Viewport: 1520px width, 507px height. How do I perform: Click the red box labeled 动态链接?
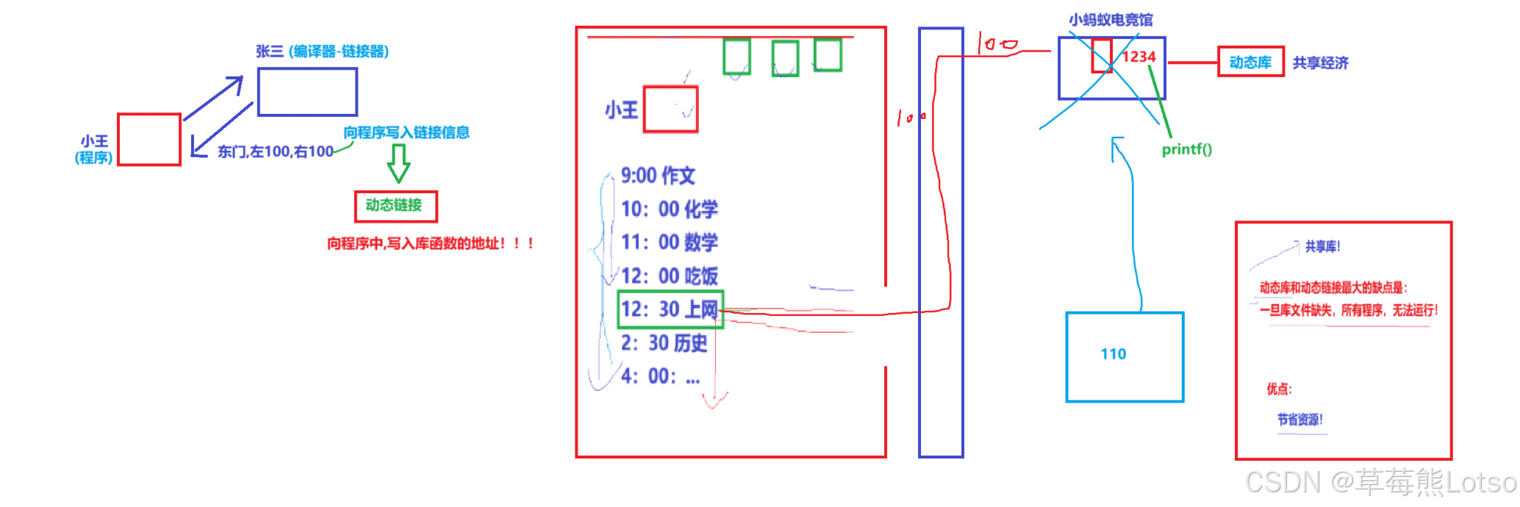395,206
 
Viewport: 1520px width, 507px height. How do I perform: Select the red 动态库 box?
1250,62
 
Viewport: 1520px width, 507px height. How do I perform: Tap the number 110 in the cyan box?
1113,354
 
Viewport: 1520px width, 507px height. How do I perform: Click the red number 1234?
1139,57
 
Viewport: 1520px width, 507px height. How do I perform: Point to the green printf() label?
1186,149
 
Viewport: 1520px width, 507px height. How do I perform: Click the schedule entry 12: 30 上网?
670,309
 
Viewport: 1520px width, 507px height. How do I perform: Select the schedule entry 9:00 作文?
658,176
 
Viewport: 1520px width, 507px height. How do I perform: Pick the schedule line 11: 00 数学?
670,242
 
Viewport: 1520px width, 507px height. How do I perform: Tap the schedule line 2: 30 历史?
664,343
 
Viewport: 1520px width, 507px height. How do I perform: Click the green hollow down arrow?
398,162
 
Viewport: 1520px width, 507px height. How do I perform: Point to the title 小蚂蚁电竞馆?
1111,20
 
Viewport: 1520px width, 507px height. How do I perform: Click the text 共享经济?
1320,63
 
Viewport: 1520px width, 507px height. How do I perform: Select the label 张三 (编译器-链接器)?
322,51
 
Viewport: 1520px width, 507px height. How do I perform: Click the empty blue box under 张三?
307,92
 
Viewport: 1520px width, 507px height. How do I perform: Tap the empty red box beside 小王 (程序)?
149,140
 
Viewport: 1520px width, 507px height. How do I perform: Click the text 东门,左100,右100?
276,152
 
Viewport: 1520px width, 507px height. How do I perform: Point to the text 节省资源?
1299,420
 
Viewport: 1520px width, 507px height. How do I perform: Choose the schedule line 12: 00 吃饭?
670,276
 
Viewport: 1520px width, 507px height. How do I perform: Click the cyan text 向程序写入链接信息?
406,133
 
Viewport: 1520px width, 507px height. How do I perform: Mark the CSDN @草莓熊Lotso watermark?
1380,482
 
